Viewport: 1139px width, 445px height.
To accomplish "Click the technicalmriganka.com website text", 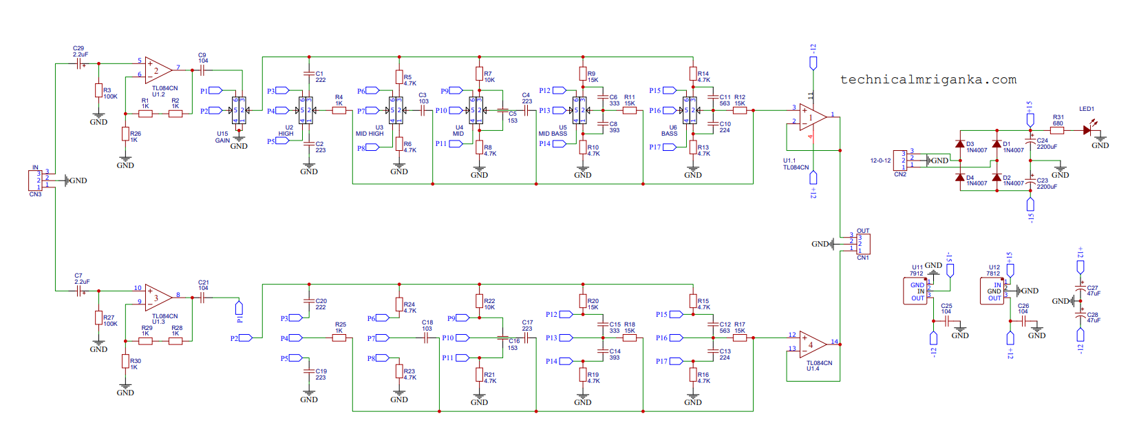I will tap(928, 80).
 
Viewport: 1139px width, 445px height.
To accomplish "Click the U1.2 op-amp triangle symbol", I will tap(158, 70).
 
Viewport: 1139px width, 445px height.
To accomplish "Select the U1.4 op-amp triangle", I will tap(812, 344).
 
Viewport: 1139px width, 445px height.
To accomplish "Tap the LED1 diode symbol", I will tap(1087, 130).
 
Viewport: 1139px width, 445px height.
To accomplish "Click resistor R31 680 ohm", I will tap(1057, 130).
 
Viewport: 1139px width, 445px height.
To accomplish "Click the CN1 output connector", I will tap(863, 244).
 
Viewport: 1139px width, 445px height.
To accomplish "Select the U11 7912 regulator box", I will tap(915, 291).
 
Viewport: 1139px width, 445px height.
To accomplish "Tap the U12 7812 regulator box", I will tap(992, 291).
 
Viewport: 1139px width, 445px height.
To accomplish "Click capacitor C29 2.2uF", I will tap(80, 63).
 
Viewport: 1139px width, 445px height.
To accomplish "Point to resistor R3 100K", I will tap(98, 91).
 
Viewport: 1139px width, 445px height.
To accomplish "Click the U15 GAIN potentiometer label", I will tap(222, 137).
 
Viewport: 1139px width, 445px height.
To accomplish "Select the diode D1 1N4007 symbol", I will tap(996, 145).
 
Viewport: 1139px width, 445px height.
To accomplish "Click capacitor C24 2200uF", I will tap(1030, 142).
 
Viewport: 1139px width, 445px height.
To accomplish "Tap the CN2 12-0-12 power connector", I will tap(900, 161).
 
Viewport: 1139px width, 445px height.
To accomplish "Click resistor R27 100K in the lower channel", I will tap(98, 318).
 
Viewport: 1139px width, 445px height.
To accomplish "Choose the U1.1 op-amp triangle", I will tap(812, 118).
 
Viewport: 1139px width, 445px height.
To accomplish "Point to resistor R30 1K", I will tap(125, 361).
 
